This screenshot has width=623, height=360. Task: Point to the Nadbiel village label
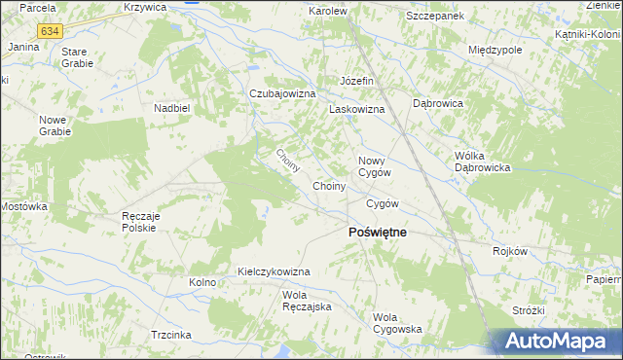pos(170,108)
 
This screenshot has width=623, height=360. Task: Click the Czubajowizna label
pos(283,93)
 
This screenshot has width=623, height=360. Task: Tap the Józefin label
pos(357,80)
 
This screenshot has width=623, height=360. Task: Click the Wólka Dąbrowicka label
pos(483,161)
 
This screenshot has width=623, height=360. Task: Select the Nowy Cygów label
pos(375,166)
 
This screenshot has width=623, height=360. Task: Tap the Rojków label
pos(510,250)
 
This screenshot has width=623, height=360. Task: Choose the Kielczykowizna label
pos(274,271)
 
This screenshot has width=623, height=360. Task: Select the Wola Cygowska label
pos(397,323)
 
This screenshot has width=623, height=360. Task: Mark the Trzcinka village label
pos(170,334)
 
